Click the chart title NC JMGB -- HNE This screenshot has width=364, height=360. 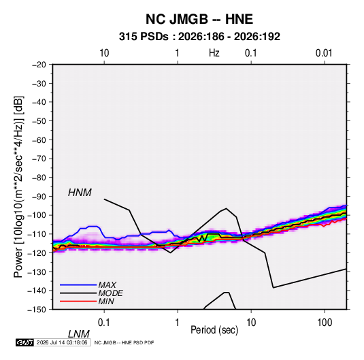coord(199,19)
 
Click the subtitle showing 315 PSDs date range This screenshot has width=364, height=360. coord(199,37)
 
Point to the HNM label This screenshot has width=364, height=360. coord(80,193)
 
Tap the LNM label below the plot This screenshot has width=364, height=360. coord(79,334)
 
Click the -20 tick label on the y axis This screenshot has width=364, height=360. coord(39,65)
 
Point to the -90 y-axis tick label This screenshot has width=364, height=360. coord(39,197)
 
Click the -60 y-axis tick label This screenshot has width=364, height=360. coord(39,140)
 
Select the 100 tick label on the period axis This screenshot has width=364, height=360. coord(324,323)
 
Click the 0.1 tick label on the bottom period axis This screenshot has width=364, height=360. coord(103,323)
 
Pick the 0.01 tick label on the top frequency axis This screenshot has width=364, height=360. coord(324,53)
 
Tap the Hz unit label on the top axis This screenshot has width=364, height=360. coord(214,53)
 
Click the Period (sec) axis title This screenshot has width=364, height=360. coord(214,330)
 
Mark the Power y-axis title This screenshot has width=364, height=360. coord(18,187)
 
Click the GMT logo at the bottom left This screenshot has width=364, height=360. coord(24,342)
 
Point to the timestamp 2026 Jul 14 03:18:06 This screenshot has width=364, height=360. coord(62,342)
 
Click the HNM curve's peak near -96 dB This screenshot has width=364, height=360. coord(226,208)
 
